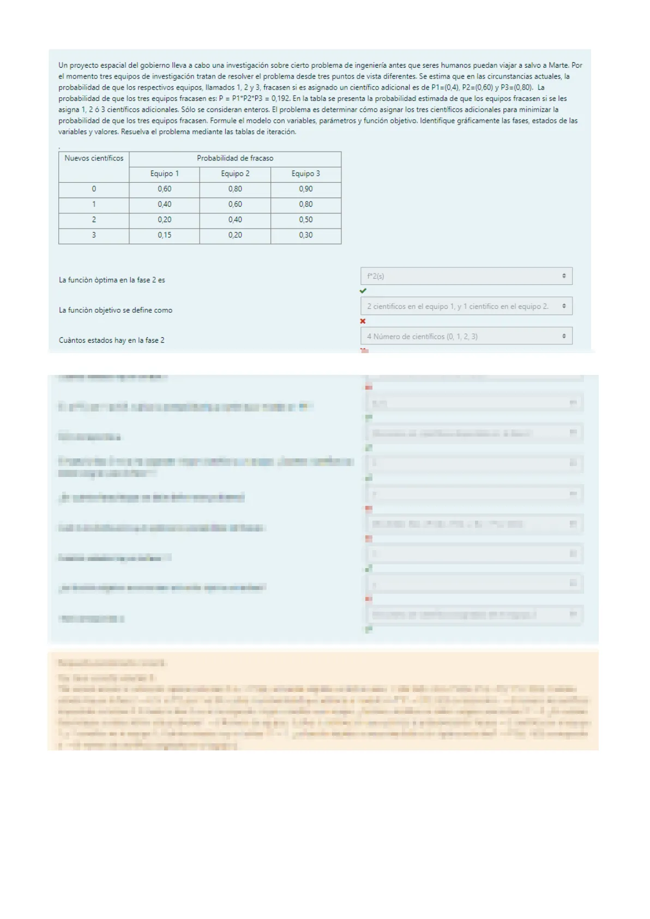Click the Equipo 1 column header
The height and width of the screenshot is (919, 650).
164,174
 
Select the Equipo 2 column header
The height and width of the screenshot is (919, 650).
235,174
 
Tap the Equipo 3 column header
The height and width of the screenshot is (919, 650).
305,174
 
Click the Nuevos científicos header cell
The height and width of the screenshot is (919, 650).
94,158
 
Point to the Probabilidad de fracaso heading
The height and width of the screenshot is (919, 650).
235,158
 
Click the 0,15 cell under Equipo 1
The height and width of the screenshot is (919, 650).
164,235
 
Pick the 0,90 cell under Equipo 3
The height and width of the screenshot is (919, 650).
305,189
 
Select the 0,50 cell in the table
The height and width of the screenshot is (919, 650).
305,219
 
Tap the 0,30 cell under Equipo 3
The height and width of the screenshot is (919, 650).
305,235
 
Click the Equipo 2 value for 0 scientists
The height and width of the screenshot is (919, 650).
235,189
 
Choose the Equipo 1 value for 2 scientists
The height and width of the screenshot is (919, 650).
164,219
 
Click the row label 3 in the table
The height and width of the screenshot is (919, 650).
94,235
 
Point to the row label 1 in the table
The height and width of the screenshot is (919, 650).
94,204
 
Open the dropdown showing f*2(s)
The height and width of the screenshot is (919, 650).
466,276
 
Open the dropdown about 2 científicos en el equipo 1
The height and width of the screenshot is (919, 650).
466,306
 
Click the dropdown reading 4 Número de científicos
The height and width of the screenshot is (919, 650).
466,336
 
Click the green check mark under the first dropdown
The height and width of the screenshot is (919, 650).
363,291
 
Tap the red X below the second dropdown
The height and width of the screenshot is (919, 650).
363,321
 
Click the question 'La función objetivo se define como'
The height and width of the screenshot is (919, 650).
116,310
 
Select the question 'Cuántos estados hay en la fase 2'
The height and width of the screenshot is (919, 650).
112,340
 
